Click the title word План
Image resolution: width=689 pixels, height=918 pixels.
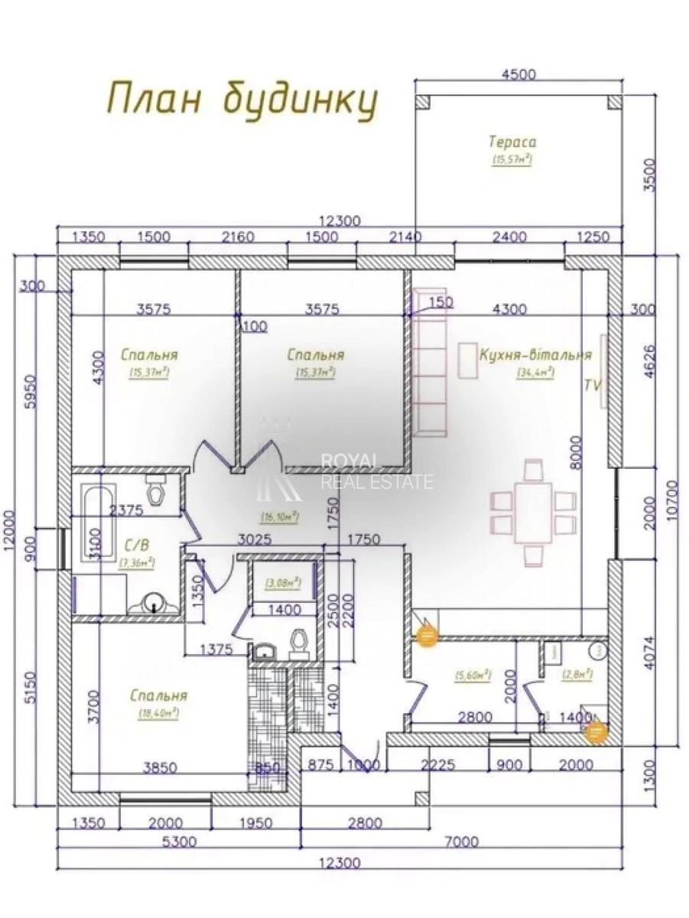(152, 100)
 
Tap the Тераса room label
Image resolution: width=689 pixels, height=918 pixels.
(512, 142)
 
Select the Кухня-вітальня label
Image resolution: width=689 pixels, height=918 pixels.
(535, 356)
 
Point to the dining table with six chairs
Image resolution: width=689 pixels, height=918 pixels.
(533, 510)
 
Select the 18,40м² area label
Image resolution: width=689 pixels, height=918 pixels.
(158, 712)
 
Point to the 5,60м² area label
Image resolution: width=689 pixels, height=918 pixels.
(472, 675)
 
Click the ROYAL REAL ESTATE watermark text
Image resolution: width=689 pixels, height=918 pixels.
(375, 470)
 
